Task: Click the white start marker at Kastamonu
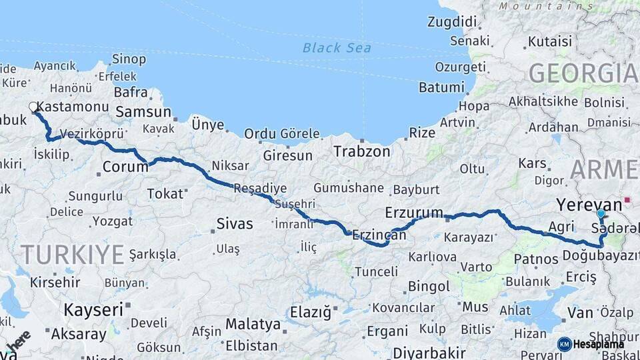click(x=33, y=107)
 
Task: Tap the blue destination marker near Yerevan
click(x=601, y=214)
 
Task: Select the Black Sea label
click(x=337, y=47)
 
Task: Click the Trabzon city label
click(x=362, y=151)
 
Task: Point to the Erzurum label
click(x=414, y=213)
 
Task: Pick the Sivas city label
click(x=235, y=223)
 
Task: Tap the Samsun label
click(x=143, y=112)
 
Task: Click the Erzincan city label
click(x=379, y=235)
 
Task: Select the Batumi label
click(x=441, y=87)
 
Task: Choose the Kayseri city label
click(x=93, y=309)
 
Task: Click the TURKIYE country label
click(x=72, y=254)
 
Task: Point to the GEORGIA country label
click(x=583, y=73)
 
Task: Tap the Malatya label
click(x=253, y=325)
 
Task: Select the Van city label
click(x=580, y=312)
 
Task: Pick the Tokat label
click(x=165, y=193)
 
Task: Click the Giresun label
click(x=288, y=155)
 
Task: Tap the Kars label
click(x=532, y=163)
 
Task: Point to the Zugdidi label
click(x=453, y=21)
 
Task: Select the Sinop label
click(x=129, y=59)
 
